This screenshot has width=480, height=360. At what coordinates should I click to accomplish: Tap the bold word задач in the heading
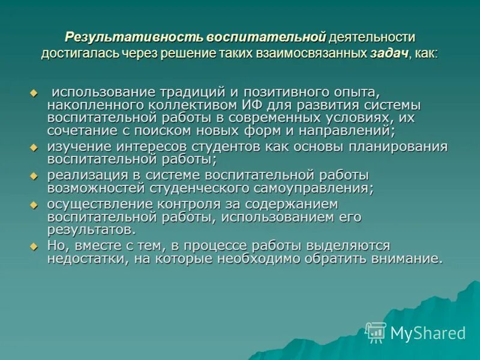pyautogui.click(x=389, y=53)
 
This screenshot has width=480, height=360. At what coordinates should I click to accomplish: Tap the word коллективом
pyautogui.click(x=175, y=104)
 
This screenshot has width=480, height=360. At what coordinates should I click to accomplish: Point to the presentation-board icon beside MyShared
pyautogui.click(x=376, y=332)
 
